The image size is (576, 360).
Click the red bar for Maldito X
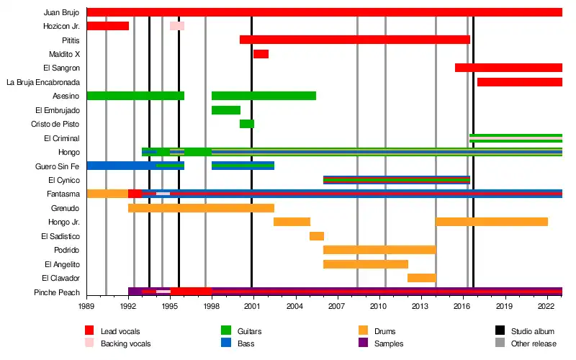(x=261, y=54)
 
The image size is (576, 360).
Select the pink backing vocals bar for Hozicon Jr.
(x=177, y=26)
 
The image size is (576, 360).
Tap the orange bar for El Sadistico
(x=317, y=236)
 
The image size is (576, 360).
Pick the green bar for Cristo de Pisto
(x=247, y=124)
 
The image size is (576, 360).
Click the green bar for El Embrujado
(x=226, y=110)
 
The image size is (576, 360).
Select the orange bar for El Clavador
(x=421, y=278)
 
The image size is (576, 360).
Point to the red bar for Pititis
(x=354, y=40)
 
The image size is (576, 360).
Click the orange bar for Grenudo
(x=201, y=208)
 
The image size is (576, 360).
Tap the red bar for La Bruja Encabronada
(x=519, y=82)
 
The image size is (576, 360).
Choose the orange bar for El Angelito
(x=366, y=264)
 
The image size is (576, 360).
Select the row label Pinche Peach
(x=57, y=292)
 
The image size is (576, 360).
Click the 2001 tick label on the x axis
(x=252, y=306)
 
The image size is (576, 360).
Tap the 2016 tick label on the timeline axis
(x=462, y=306)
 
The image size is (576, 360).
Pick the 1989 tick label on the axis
(x=86, y=306)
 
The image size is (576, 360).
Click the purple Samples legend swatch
(x=363, y=343)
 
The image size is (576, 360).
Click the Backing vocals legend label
(x=126, y=343)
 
